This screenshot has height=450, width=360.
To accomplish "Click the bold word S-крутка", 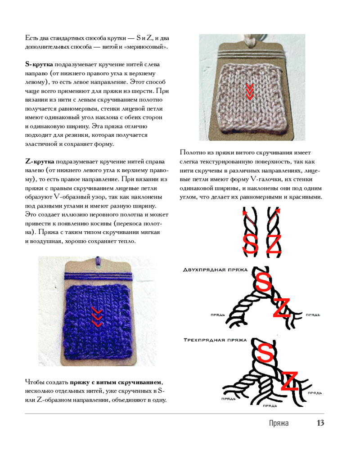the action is [39, 64].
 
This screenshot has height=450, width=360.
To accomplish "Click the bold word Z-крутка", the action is [40, 162].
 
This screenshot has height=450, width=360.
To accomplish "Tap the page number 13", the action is [320, 423].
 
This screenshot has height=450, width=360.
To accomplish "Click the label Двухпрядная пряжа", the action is [215, 270].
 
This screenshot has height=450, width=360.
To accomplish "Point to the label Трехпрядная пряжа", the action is [215, 340].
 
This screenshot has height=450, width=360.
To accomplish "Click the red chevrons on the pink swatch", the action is [250, 92].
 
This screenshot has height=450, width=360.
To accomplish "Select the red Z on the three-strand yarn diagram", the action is [289, 381].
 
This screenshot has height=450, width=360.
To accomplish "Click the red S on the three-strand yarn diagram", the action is [265, 352].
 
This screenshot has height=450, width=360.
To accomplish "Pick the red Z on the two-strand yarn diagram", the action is [282, 307].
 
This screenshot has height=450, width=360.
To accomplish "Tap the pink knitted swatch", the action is [251, 98].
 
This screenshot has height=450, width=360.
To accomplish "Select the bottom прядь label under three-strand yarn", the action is [270, 406].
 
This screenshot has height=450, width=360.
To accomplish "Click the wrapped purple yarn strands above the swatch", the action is [99, 276].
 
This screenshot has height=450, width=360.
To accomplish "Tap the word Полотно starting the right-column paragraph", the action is [191, 153].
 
